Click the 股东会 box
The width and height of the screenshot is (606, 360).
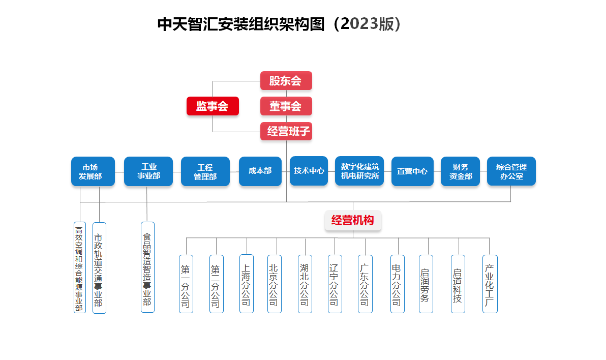286,81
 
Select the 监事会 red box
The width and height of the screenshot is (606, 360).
213,106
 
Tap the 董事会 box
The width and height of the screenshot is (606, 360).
286,106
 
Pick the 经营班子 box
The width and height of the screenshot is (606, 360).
286,132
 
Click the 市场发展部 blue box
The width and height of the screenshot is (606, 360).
93,171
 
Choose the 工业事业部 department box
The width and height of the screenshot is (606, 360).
148,171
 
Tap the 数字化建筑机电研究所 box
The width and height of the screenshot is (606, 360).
359,171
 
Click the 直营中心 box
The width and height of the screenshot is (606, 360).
412,171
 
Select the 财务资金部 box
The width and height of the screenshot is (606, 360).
460,171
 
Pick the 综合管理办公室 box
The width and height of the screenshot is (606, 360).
511,171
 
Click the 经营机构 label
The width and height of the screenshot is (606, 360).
353,221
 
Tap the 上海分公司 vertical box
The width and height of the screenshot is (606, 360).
247,284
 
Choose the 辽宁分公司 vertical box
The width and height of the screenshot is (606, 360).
335,284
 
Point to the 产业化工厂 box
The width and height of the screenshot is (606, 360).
490,284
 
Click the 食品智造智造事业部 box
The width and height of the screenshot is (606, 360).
147,267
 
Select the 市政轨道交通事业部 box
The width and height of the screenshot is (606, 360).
99,268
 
